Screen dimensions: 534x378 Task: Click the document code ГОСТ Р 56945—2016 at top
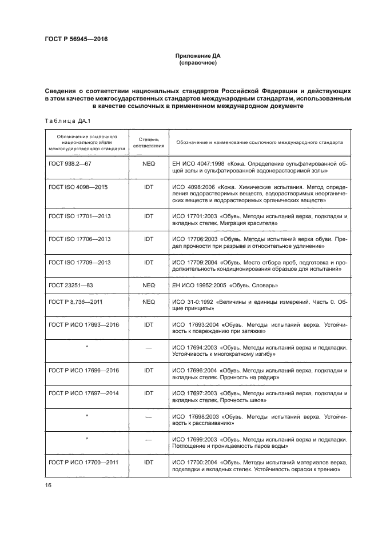[76, 39]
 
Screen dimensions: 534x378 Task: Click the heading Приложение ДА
[197, 56]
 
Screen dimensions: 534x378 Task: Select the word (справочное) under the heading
[197, 63]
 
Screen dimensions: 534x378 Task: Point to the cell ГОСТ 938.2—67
[70, 163]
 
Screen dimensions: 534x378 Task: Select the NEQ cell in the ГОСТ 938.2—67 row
[149, 163]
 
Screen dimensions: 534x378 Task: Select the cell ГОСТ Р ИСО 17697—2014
[83, 394]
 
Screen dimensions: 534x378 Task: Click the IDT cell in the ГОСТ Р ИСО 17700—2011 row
[149, 462]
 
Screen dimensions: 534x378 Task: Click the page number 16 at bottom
[48, 485]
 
